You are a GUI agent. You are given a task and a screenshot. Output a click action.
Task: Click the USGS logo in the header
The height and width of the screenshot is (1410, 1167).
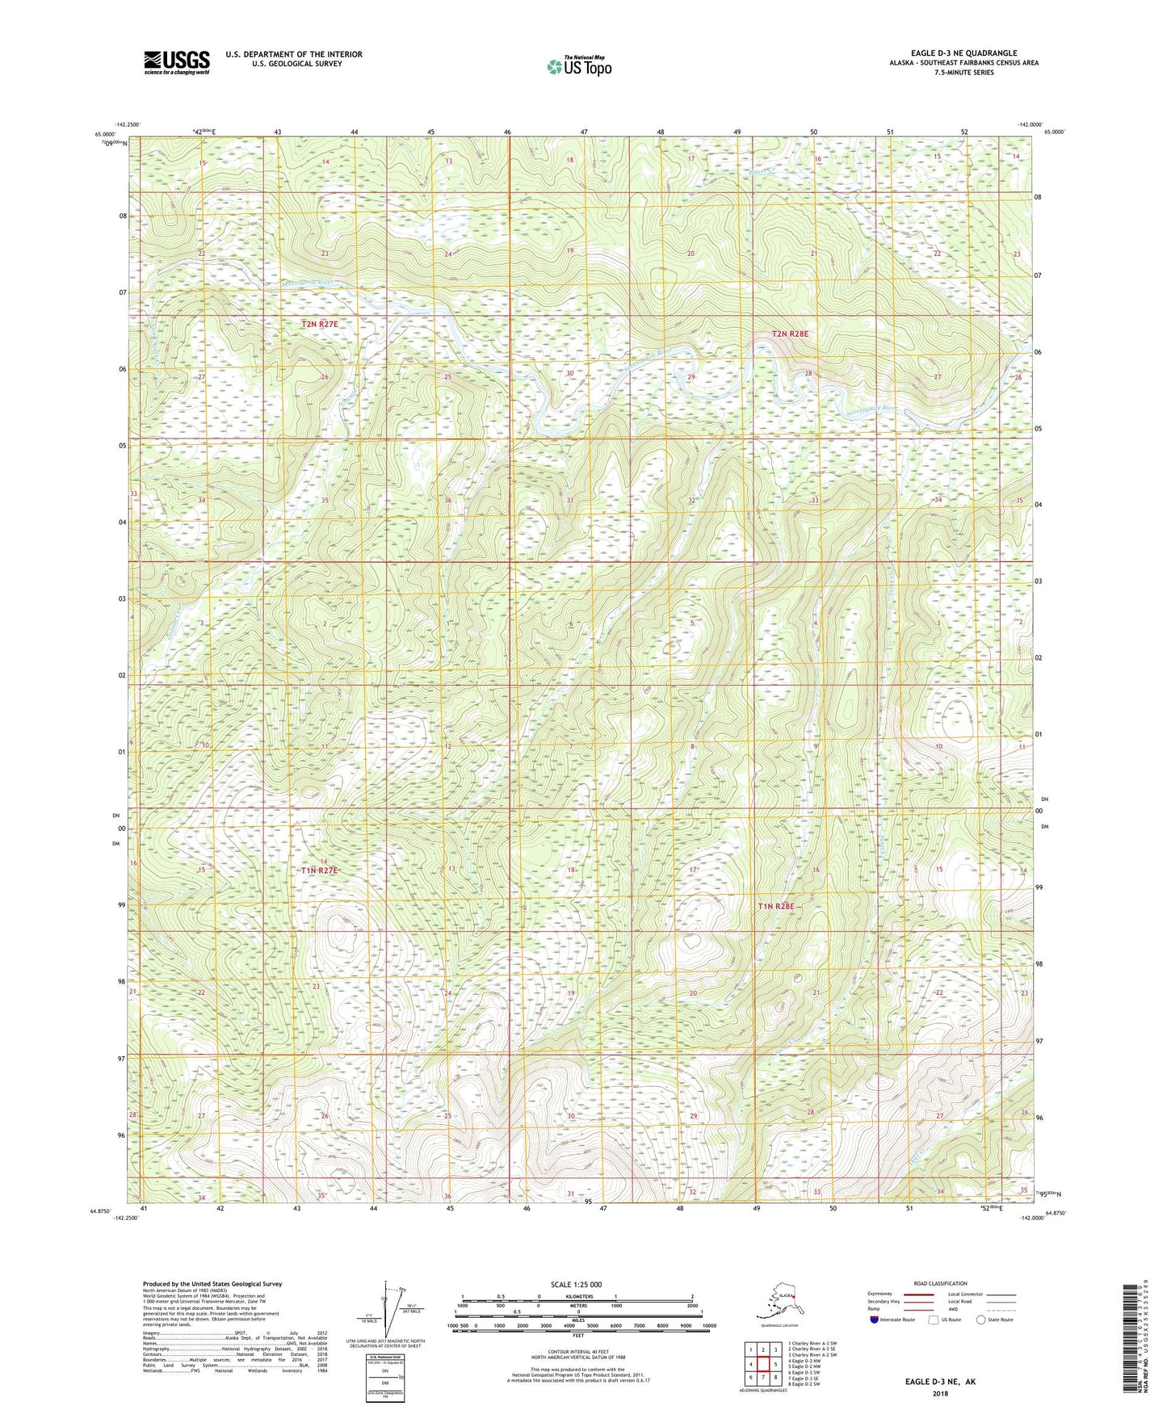(176, 62)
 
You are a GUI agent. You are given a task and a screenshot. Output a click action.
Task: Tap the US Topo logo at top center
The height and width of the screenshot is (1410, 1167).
(578, 66)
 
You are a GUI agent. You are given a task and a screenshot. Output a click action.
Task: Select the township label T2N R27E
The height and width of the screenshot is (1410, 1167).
(319, 324)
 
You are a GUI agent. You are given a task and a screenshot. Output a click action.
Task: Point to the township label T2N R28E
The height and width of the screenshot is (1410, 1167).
(789, 334)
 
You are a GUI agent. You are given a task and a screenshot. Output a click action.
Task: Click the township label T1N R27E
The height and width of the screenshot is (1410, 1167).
(319, 871)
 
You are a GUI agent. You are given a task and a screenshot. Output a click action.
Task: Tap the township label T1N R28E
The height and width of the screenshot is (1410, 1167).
(776, 907)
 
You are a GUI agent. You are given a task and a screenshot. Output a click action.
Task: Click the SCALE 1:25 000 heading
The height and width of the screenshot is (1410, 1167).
(577, 1284)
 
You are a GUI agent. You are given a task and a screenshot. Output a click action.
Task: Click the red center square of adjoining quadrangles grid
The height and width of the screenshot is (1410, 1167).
(763, 1364)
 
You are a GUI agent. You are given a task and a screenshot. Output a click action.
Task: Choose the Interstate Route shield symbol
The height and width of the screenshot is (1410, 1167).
(875, 1320)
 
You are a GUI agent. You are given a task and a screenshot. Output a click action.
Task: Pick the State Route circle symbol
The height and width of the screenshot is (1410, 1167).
(981, 1320)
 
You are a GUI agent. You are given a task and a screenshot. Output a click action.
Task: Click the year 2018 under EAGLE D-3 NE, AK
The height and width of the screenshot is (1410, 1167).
(940, 1393)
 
